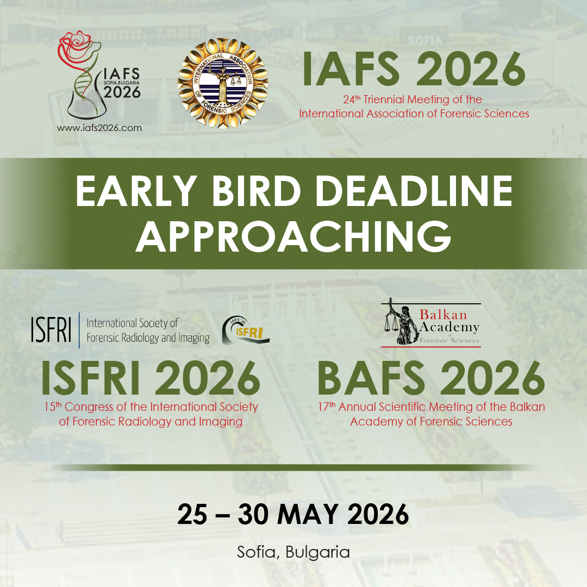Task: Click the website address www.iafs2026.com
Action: click(x=99, y=128)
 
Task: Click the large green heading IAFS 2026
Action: click(x=414, y=69)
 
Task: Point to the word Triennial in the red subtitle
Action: click(x=370, y=100)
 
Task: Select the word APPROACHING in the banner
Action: click(x=293, y=237)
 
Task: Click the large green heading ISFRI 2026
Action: click(x=151, y=378)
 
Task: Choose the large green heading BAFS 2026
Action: click(x=430, y=378)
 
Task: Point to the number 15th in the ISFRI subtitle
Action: click(x=53, y=407)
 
